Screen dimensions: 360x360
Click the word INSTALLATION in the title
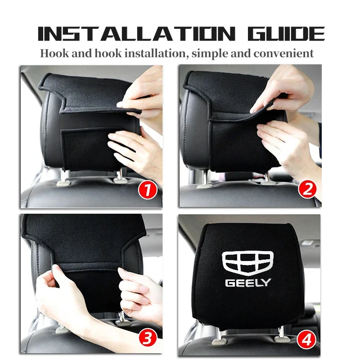pyautogui.click(x=136, y=34)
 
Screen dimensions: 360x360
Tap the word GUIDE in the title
pyautogui.click(x=286, y=34)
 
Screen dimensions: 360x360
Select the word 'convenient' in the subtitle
pyautogui.click(x=283, y=53)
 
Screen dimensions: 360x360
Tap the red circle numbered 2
pyautogui.click(x=307, y=189)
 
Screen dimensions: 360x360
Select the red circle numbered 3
pyautogui.click(x=148, y=337)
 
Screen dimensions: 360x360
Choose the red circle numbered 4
pyautogui.click(x=306, y=339)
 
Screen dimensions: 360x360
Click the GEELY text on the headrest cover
pyautogui.click(x=248, y=283)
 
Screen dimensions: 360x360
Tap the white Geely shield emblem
pyautogui.click(x=248, y=263)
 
